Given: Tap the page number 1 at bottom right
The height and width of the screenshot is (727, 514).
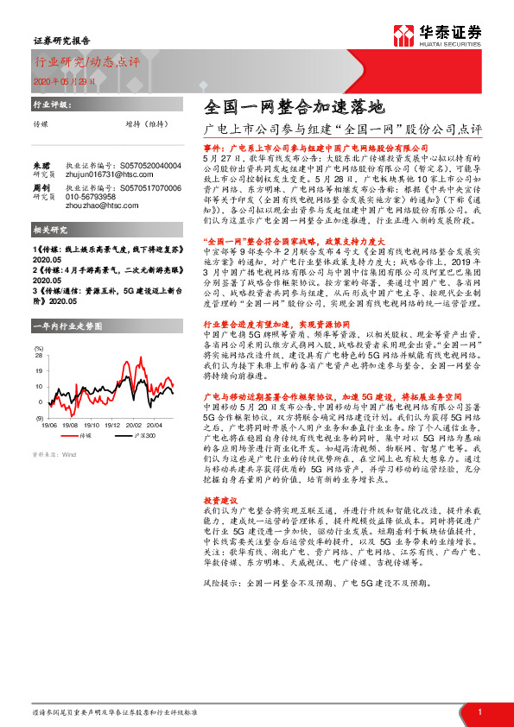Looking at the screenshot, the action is pos(478,712).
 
